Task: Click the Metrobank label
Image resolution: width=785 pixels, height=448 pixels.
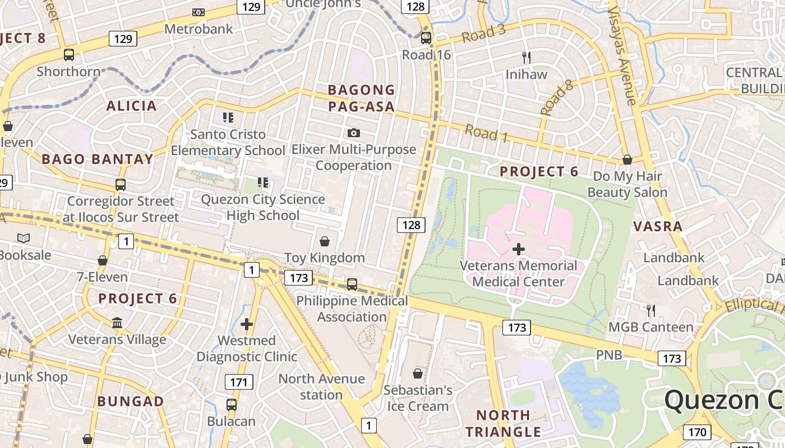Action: (198, 29)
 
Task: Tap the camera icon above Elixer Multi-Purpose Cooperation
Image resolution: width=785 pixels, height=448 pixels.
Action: (353, 133)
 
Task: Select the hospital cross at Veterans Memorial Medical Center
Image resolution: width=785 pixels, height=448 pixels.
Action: (519, 249)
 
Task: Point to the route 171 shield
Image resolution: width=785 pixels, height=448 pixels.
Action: (239, 382)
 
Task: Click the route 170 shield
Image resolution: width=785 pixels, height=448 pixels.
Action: (697, 432)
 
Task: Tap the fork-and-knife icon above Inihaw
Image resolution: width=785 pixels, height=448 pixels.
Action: (526, 57)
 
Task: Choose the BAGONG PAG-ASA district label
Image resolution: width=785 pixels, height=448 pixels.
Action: (361, 98)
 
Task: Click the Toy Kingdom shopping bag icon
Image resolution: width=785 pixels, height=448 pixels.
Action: (324, 241)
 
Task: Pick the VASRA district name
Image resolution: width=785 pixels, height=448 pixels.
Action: (658, 227)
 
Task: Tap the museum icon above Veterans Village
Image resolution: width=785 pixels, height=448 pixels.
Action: (117, 323)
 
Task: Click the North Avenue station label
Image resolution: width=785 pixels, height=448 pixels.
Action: (321, 387)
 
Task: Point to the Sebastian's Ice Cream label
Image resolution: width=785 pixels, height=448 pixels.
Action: (418, 398)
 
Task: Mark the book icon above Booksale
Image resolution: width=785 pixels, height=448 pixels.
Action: (24, 239)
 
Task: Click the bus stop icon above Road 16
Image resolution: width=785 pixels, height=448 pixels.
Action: (426, 38)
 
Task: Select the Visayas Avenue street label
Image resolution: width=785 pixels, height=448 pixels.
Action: (623, 56)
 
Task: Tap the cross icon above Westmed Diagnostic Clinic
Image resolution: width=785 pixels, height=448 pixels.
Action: (247, 324)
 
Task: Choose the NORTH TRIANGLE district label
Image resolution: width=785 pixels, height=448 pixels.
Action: (503, 423)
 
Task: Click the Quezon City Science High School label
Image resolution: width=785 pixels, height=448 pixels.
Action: (263, 207)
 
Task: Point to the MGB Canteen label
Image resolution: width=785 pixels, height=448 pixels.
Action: (651, 327)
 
